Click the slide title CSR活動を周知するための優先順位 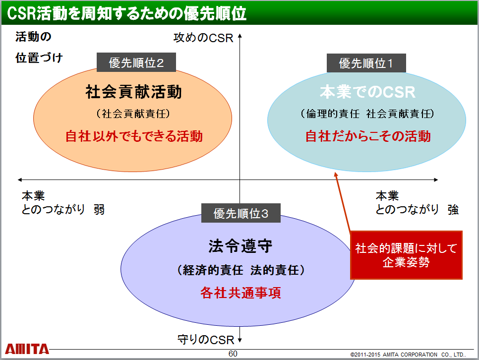point(126,13)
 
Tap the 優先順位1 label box point(366,63)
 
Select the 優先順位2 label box point(136,62)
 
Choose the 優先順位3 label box point(240,213)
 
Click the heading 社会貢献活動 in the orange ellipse point(133,92)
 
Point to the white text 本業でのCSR point(367,92)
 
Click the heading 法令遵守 point(240,246)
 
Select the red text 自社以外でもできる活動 point(134,136)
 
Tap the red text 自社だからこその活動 point(368,136)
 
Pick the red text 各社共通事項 point(240,293)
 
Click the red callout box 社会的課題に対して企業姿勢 point(406,255)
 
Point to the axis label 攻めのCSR point(203,38)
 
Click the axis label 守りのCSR point(206,340)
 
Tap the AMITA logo point(27,349)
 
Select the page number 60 point(233,354)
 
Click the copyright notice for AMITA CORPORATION point(408,355)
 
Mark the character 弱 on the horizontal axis point(99,210)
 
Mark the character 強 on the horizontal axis point(453,210)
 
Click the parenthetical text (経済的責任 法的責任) point(240,270)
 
